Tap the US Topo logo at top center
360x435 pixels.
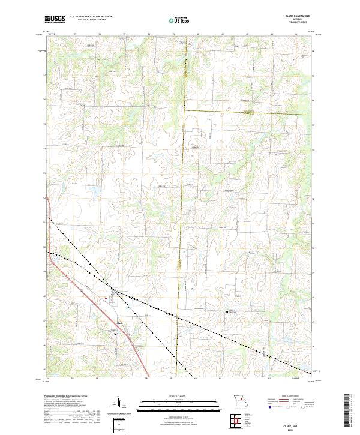pyautogui.click(x=179, y=19)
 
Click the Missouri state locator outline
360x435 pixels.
pyautogui.click(x=240, y=400)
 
